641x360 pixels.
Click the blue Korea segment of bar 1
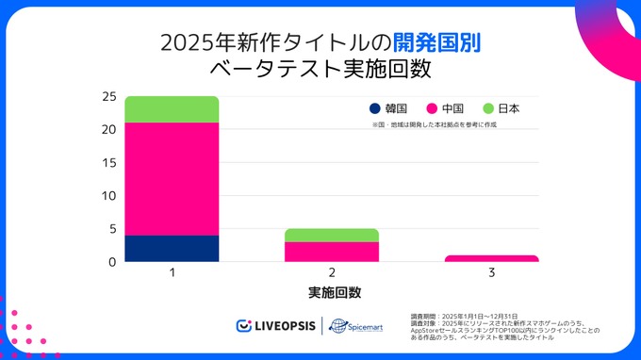pos(172,248)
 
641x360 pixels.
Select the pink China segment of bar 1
pos(172,179)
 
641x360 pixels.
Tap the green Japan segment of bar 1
pos(172,109)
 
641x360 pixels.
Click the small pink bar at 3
pos(491,258)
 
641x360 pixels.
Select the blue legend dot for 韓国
pos(376,108)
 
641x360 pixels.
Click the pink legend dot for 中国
pos(433,108)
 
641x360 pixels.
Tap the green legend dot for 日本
pos(489,108)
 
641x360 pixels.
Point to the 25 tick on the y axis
pos(109,96)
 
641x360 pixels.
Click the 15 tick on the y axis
pos(109,162)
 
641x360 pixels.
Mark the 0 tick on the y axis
pos(113,261)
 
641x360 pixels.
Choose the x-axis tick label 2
pos(332,272)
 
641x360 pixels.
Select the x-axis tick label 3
pos(491,272)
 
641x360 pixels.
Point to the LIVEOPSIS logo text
pos(282,326)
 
